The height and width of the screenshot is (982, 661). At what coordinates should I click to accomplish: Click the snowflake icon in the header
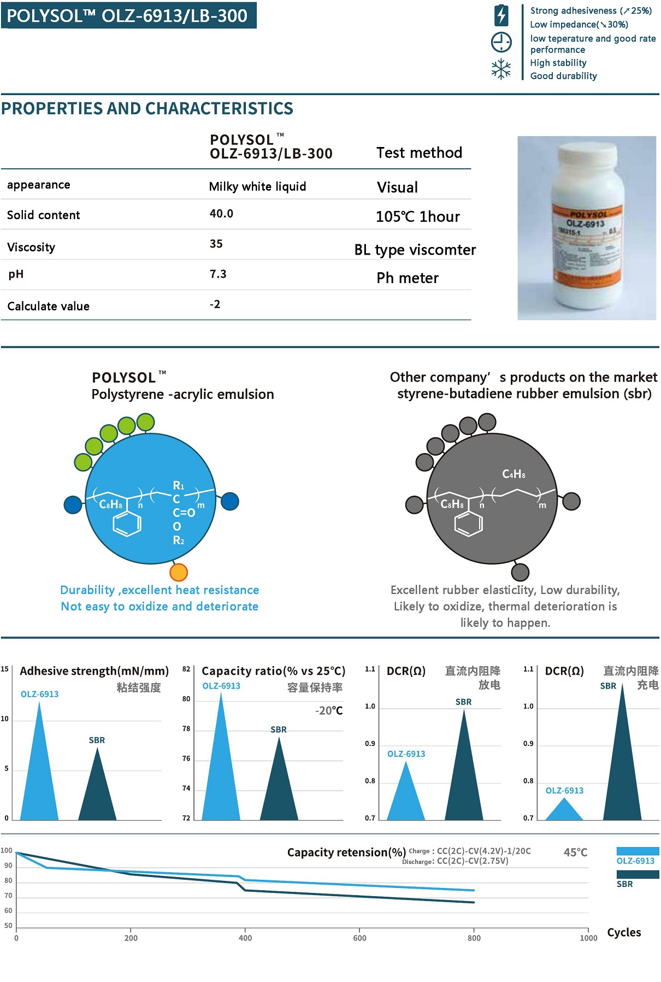501,69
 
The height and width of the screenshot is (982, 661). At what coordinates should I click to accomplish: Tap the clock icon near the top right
501,42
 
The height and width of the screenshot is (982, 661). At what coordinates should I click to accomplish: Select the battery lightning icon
501,15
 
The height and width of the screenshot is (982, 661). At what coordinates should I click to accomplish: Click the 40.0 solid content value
221,214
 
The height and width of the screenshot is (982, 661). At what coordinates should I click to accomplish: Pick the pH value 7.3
218,274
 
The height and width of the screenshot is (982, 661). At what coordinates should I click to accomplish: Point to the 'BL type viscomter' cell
415,250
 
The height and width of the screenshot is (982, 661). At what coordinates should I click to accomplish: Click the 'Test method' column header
419,152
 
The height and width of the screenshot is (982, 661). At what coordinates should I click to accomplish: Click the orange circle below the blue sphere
179,572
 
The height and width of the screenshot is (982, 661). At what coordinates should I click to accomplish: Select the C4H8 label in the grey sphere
514,474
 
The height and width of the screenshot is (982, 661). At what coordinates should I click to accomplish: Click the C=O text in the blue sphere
184,513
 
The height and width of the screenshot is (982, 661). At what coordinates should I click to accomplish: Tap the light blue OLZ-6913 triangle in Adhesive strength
39,776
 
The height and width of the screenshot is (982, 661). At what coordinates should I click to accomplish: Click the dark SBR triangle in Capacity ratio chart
279,787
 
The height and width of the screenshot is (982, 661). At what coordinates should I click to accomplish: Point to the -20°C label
329,710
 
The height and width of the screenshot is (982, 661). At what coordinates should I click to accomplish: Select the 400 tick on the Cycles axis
245,938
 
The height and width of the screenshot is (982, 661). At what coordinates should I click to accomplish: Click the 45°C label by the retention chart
575,852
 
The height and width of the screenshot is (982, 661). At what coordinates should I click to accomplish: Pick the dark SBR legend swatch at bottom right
638,874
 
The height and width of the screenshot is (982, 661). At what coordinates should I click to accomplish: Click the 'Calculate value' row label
49,306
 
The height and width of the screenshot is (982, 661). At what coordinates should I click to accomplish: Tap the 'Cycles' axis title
624,932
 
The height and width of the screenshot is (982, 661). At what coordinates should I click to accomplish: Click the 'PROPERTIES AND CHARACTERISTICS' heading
147,108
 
